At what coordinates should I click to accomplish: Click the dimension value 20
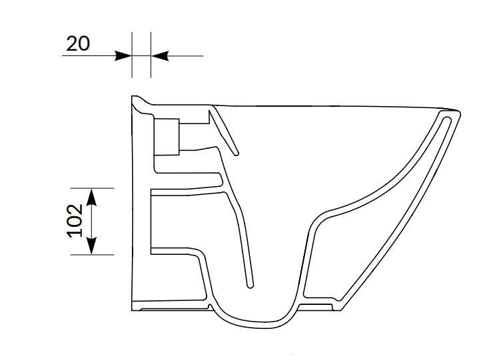click(x=78, y=43)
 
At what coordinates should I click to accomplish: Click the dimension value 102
click(x=75, y=221)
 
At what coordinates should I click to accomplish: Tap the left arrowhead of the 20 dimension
click(x=123, y=56)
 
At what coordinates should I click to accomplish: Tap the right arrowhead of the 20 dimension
click(x=159, y=56)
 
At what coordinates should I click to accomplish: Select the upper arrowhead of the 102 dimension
click(x=92, y=196)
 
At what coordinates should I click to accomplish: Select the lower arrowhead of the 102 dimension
click(x=92, y=246)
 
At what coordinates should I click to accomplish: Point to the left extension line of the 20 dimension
click(x=132, y=53)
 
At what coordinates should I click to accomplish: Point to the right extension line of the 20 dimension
click(x=151, y=53)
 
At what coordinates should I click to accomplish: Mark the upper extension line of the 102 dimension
click(x=100, y=188)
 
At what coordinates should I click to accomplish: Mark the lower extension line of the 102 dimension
click(x=100, y=254)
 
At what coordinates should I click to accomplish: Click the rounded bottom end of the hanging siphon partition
click(x=250, y=286)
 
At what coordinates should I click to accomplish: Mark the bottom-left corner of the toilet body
click(x=133, y=310)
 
